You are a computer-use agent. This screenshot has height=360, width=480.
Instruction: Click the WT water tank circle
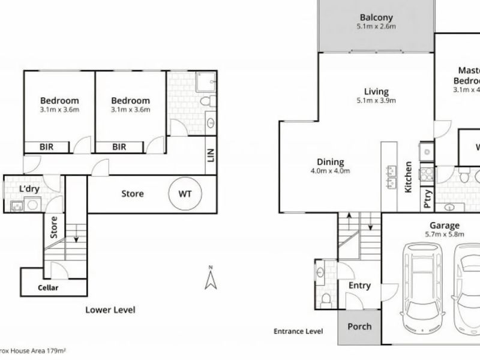(x=187, y=194)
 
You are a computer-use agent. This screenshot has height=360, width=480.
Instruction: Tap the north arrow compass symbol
(x=210, y=278)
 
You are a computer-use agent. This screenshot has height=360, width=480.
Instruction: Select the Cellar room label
(x=48, y=288)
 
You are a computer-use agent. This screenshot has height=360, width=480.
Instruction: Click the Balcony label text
(x=376, y=17)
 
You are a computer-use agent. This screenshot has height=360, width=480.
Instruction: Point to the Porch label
(x=359, y=327)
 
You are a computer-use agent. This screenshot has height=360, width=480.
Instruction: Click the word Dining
(x=331, y=162)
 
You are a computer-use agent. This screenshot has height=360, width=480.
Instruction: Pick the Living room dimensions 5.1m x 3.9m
(x=377, y=100)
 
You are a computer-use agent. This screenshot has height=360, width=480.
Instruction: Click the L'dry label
(x=28, y=189)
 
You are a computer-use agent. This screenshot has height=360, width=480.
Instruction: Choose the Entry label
(x=359, y=286)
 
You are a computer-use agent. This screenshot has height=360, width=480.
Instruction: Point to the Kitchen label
(x=407, y=176)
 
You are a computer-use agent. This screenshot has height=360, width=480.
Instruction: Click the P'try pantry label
(x=427, y=198)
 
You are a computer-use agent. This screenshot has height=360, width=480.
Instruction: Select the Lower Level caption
(x=110, y=310)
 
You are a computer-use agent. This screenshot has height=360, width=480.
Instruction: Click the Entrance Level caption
(x=298, y=331)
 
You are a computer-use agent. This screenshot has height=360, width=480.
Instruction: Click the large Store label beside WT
(x=132, y=194)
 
